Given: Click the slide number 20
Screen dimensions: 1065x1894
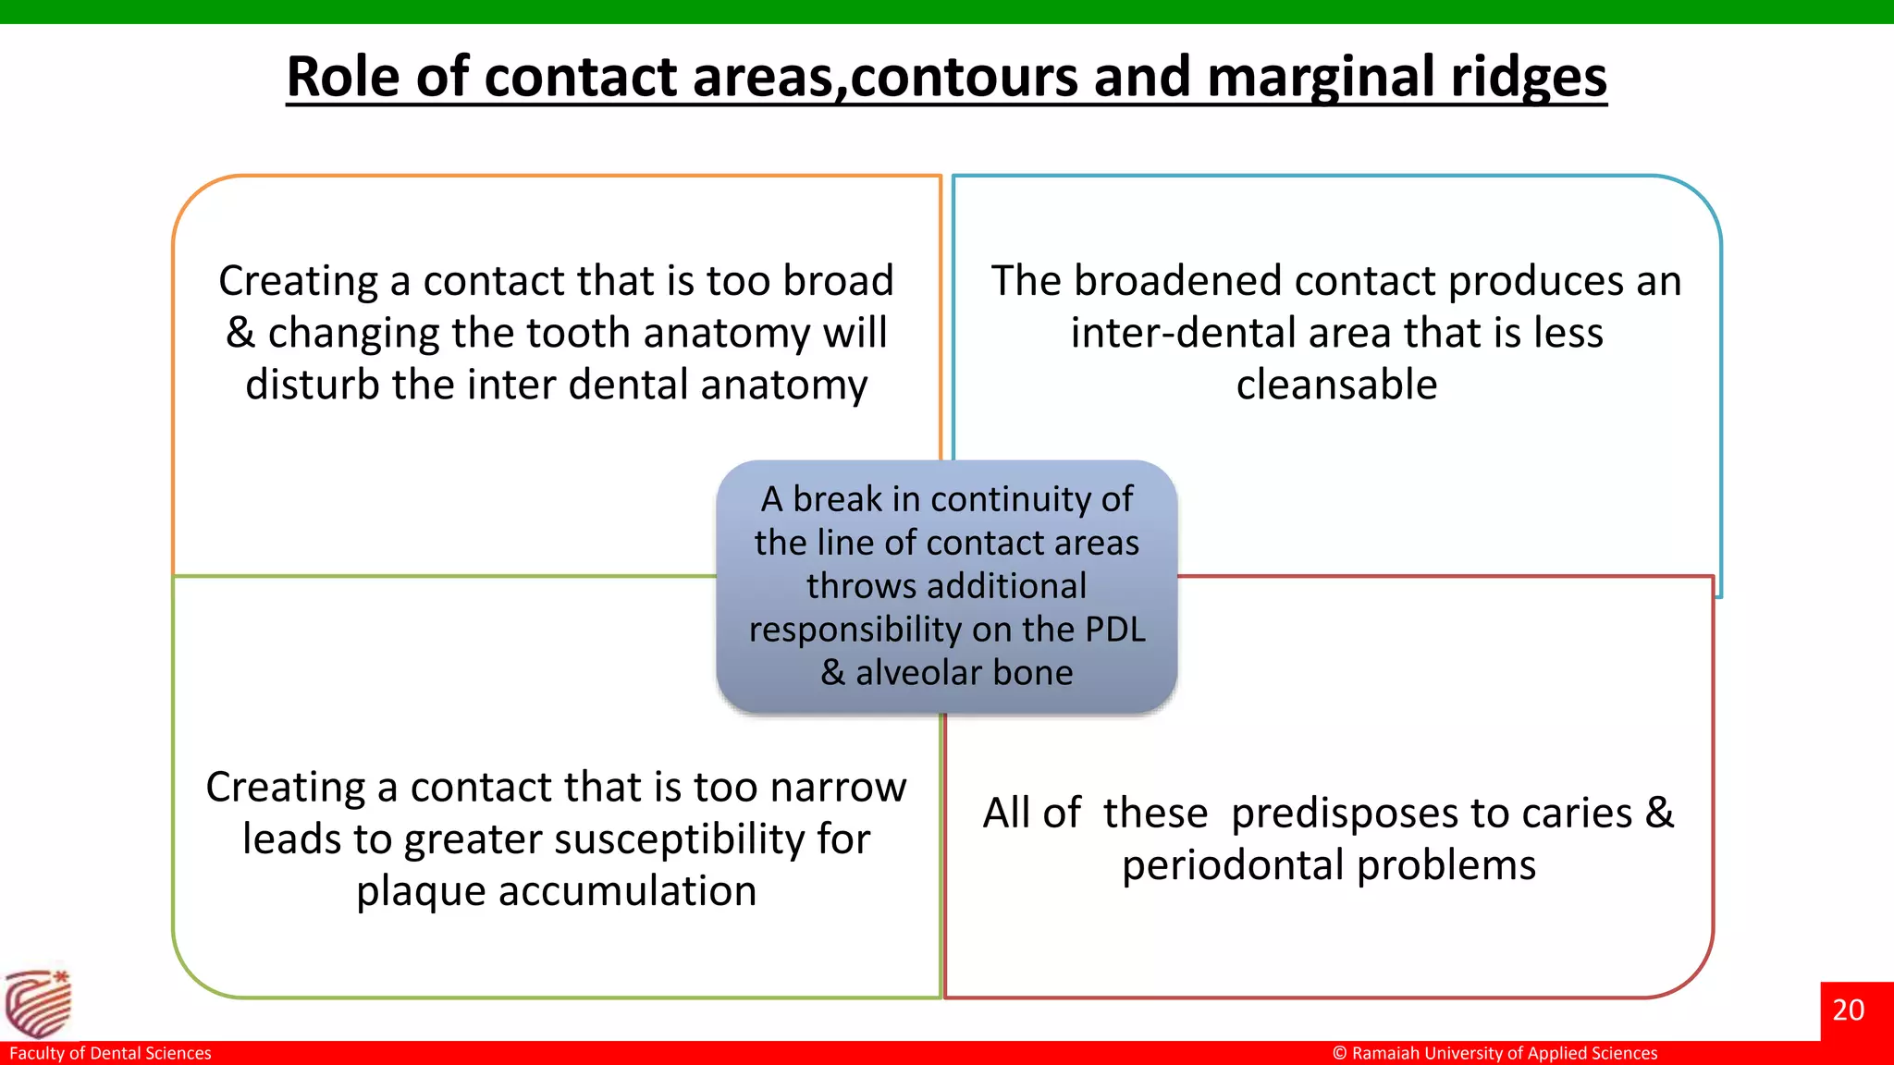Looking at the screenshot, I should pos(1848,1010).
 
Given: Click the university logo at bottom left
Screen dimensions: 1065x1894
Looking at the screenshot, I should pos(38,1004).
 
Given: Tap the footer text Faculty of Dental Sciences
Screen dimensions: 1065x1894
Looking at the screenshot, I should pos(110,1053).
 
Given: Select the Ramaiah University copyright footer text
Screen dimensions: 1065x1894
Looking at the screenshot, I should pos(1494,1053).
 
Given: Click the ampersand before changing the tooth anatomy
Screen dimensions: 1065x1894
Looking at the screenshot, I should pos(240,333).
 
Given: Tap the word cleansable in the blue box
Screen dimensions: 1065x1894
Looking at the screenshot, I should pos(1336,385).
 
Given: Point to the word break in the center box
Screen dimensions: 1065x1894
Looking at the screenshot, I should pos(837,499).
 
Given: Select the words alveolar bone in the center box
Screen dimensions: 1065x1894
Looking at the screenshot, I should pos(964,673).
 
